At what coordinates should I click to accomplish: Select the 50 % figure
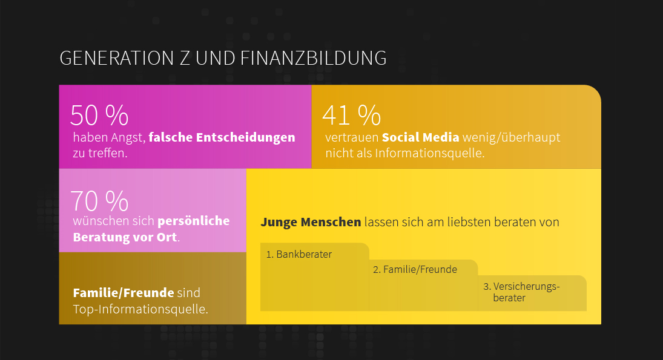(x=99, y=115)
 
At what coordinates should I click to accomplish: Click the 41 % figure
(x=352, y=115)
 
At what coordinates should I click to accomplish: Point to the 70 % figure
(x=99, y=200)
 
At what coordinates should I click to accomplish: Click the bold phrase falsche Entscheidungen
(x=222, y=137)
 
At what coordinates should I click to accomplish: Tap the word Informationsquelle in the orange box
(x=429, y=153)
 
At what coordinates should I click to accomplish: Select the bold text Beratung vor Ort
(x=125, y=237)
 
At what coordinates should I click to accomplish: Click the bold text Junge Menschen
(x=311, y=222)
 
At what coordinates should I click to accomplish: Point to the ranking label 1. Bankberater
(x=299, y=254)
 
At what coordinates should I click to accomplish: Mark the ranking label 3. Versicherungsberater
(x=521, y=292)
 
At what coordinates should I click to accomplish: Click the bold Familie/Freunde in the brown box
(x=123, y=293)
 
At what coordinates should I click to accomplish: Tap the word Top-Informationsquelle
(x=140, y=309)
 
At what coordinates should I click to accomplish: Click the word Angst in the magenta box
(x=128, y=137)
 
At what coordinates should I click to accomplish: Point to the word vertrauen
(x=352, y=137)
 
